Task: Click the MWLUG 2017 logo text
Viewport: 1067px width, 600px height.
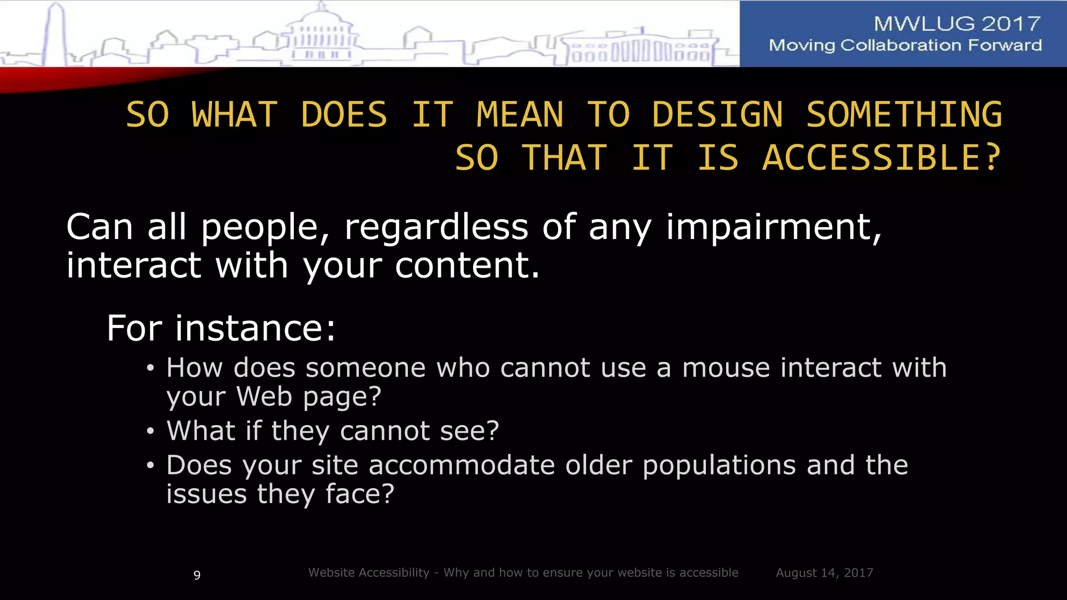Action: tap(957, 23)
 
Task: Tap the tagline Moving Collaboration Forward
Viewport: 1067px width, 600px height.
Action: tap(905, 45)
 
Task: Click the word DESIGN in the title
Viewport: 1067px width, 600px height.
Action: tap(717, 115)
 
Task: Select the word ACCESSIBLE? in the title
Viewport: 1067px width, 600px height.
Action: tap(882, 158)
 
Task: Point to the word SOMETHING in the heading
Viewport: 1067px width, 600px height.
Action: tap(904, 115)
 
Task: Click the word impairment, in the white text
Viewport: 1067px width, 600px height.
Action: tap(774, 228)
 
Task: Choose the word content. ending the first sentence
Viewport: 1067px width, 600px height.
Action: tap(467, 266)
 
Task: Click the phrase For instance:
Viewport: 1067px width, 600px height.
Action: tap(221, 329)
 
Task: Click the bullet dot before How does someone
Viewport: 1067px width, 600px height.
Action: tap(151, 369)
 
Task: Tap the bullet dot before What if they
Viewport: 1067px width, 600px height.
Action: tap(151, 432)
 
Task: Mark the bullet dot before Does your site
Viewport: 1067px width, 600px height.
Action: tap(151, 466)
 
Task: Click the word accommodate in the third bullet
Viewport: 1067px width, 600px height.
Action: tap(462, 465)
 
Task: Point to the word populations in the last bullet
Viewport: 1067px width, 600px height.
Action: tap(719, 465)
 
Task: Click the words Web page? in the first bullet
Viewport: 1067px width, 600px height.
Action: tap(309, 396)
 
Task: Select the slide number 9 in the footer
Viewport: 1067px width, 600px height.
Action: tap(197, 575)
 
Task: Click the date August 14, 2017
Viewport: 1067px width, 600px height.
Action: tap(824, 573)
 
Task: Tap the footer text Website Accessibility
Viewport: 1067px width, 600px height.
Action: tap(368, 572)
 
